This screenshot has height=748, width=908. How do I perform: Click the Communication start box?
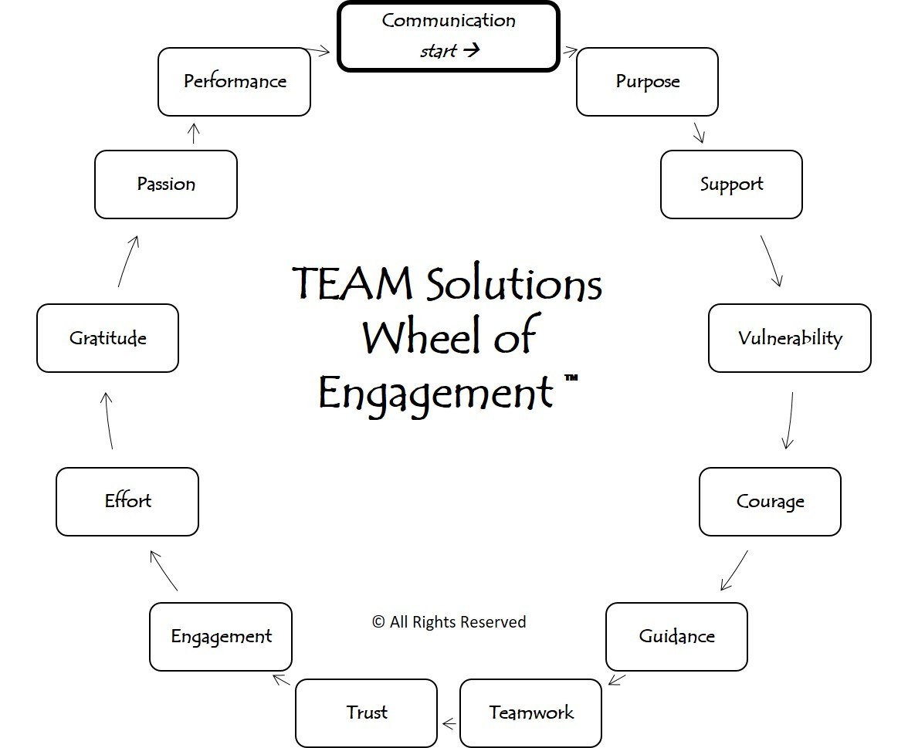coord(448,36)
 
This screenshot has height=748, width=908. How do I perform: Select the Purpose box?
coord(647,82)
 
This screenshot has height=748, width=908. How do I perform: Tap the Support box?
coord(731,184)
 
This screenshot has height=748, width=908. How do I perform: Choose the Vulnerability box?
coord(789,338)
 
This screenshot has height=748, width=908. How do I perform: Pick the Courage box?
coord(770,502)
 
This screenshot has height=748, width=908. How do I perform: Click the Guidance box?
coord(676,637)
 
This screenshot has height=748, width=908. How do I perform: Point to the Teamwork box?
coord(530,712)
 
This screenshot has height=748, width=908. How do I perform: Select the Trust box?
coord(366,712)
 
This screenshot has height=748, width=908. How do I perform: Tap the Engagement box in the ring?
coord(221,637)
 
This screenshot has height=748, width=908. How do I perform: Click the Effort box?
coord(127,502)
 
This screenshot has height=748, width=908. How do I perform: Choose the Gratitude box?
coord(107,338)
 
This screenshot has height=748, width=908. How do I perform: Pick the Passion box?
coord(166,184)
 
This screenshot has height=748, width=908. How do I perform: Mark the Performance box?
coord(234,82)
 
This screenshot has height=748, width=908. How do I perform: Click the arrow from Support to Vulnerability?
coord(771,261)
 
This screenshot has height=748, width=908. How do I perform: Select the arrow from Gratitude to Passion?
coord(129,262)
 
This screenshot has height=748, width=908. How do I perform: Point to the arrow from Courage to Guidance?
coord(734,570)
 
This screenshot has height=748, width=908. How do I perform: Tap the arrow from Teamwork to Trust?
coord(449,724)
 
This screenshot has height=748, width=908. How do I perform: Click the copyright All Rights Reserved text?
coord(449,622)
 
